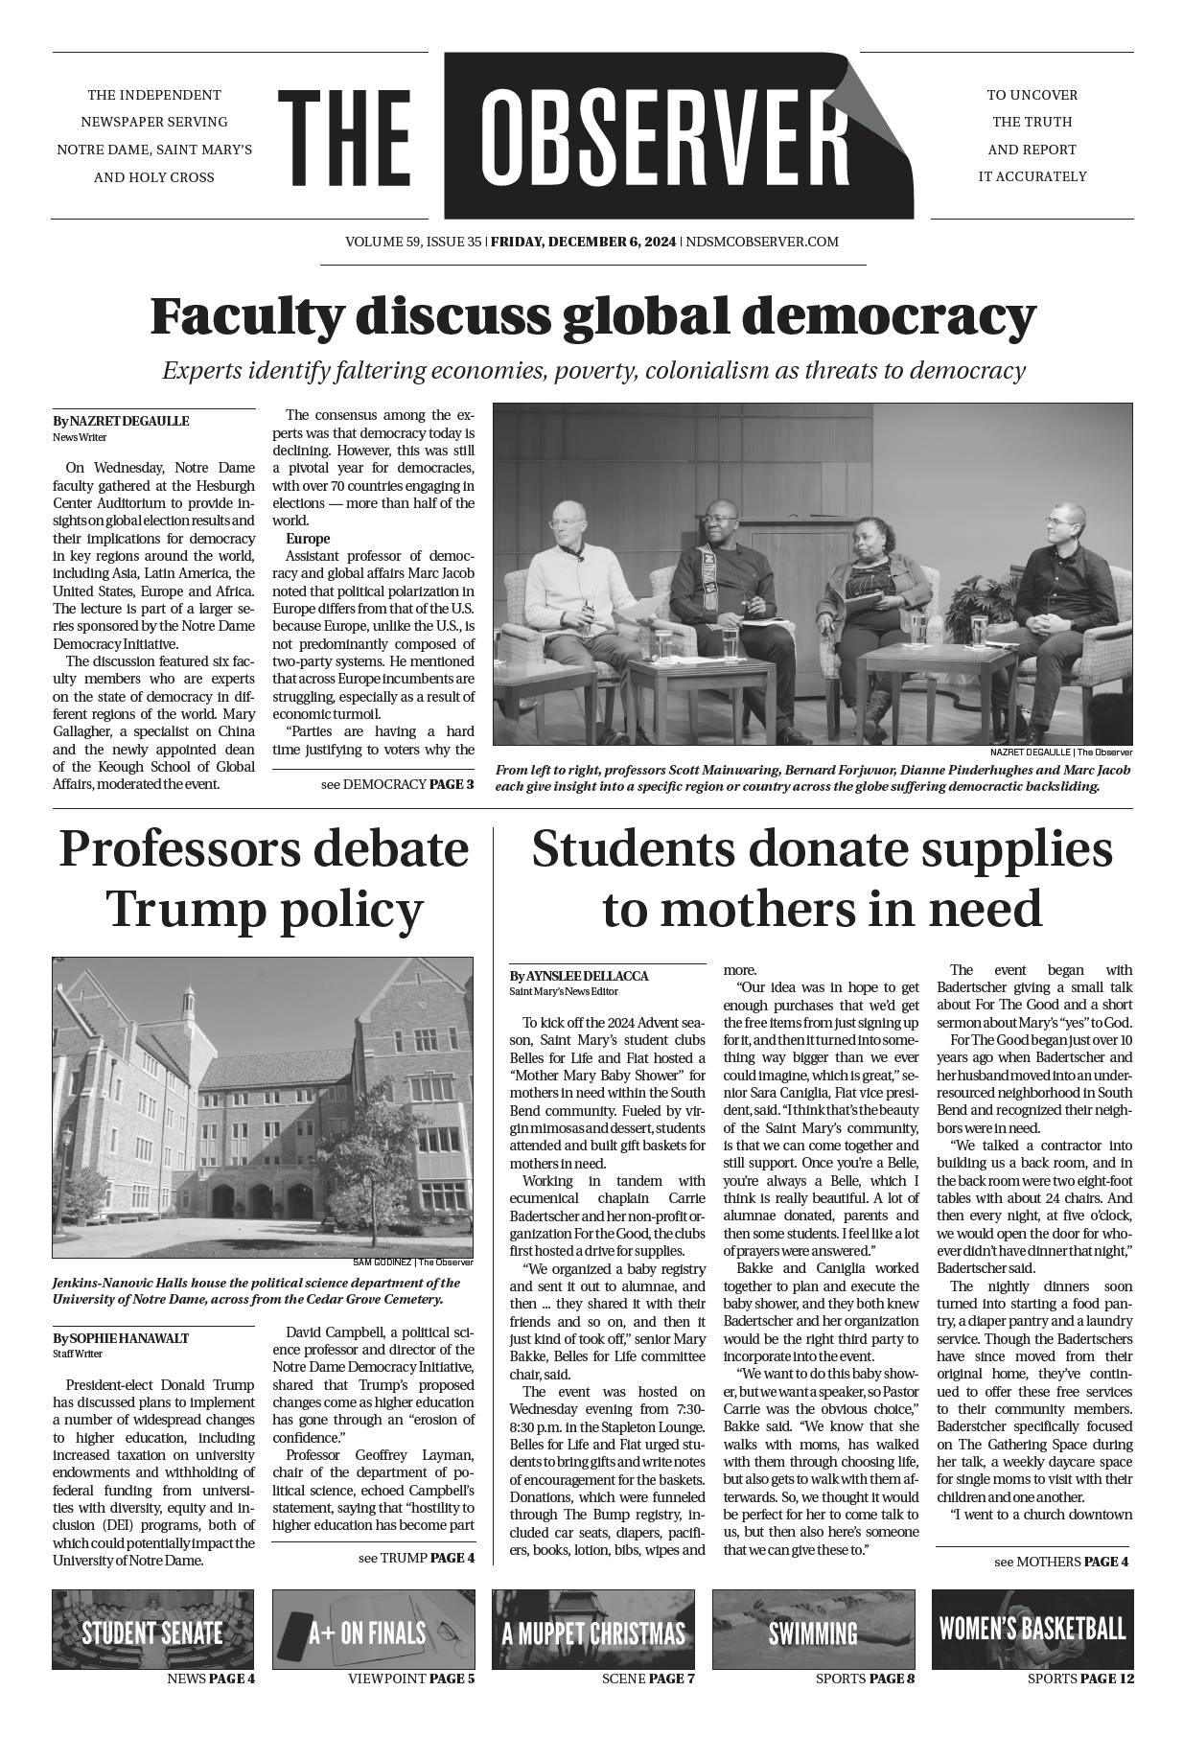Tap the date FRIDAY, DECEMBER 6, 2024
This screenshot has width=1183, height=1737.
[x=583, y=242]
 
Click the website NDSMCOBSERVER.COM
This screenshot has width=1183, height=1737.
[x=762, y=242]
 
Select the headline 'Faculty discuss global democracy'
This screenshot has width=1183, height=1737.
[x=592, y=315]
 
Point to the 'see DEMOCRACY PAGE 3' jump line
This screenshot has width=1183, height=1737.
[x=397, y=784]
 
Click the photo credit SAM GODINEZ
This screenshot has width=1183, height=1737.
[x=381, y=1262]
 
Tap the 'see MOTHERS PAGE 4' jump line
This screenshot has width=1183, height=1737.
[x=1060, y=1562]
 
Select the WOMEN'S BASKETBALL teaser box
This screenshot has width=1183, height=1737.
[x=1032, y=1630]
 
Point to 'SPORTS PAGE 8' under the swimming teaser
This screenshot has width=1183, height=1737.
[x=865, y=1679]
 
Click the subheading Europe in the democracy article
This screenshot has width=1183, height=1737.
[x=308, y=539]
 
